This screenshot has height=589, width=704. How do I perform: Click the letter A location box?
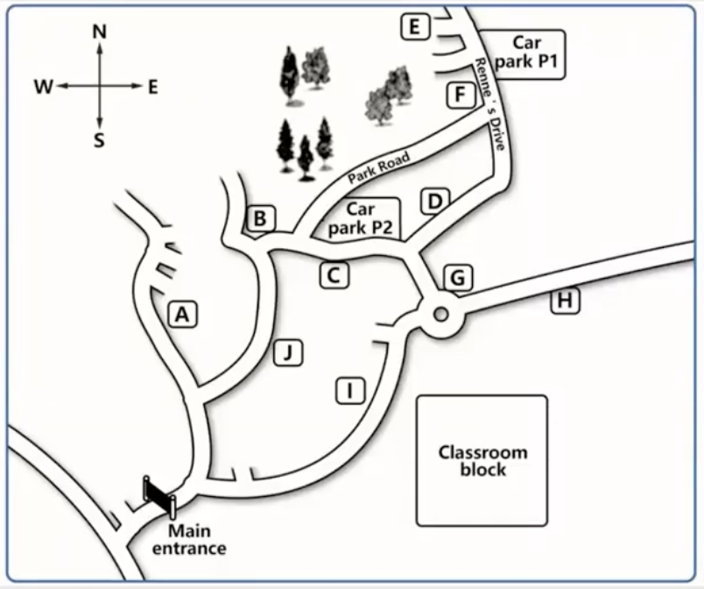coord(182,314)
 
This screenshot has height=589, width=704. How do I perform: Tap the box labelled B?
coord(260,218)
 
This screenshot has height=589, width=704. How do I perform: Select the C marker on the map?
coord(334,275)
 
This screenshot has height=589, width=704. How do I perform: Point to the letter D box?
coord(434,202)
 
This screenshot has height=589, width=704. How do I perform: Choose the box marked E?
coord(415,27)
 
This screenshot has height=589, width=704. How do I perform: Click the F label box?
coord(461,95)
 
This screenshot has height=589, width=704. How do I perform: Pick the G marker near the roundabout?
coord(457,278)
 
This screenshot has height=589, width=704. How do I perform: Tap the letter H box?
coord(566,300)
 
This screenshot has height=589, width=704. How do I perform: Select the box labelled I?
coord(350,390)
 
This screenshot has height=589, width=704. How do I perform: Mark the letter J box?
coord(288,352)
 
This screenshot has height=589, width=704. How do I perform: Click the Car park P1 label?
coord(526,52)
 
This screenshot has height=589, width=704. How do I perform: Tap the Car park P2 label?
coord(361,219)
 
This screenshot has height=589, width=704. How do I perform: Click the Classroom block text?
coord(483,460)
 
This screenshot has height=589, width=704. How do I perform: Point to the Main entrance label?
coord(189,540)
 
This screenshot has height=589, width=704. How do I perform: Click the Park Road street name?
coord(379,168)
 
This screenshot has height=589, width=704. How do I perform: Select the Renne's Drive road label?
coord(490,103)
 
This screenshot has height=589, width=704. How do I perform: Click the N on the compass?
coord(99,32)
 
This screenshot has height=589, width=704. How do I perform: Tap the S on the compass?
coord(99,140)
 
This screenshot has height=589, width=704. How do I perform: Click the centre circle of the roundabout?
coord(441,314)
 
